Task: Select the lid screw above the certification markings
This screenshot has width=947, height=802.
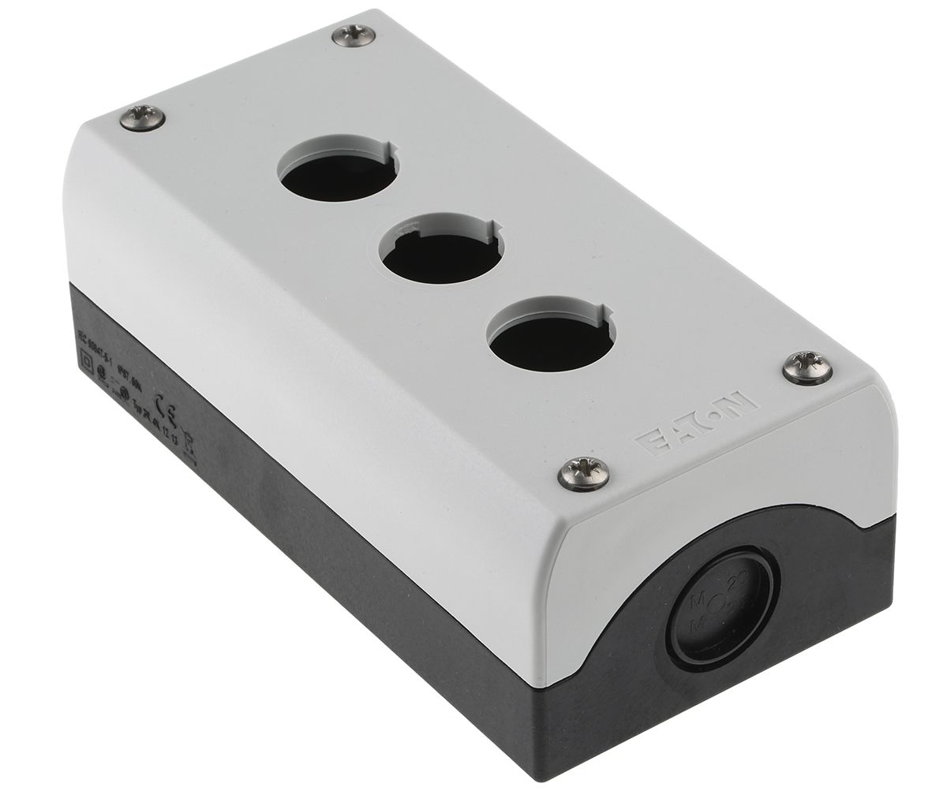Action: coord(145,118)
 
